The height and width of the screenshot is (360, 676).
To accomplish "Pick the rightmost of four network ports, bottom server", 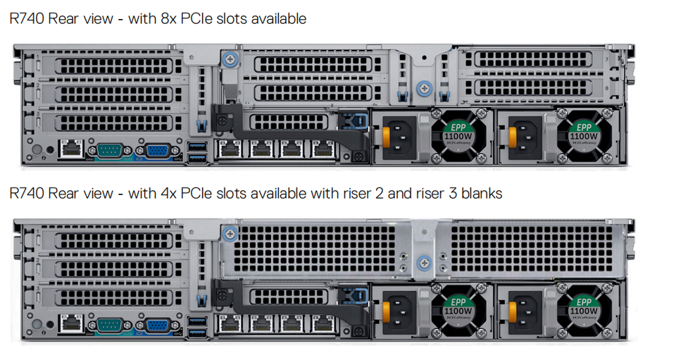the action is (323, 325).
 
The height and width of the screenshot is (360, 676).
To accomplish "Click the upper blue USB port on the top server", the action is (197, 145).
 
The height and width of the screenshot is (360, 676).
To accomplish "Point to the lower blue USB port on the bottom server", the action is (197, 333).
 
